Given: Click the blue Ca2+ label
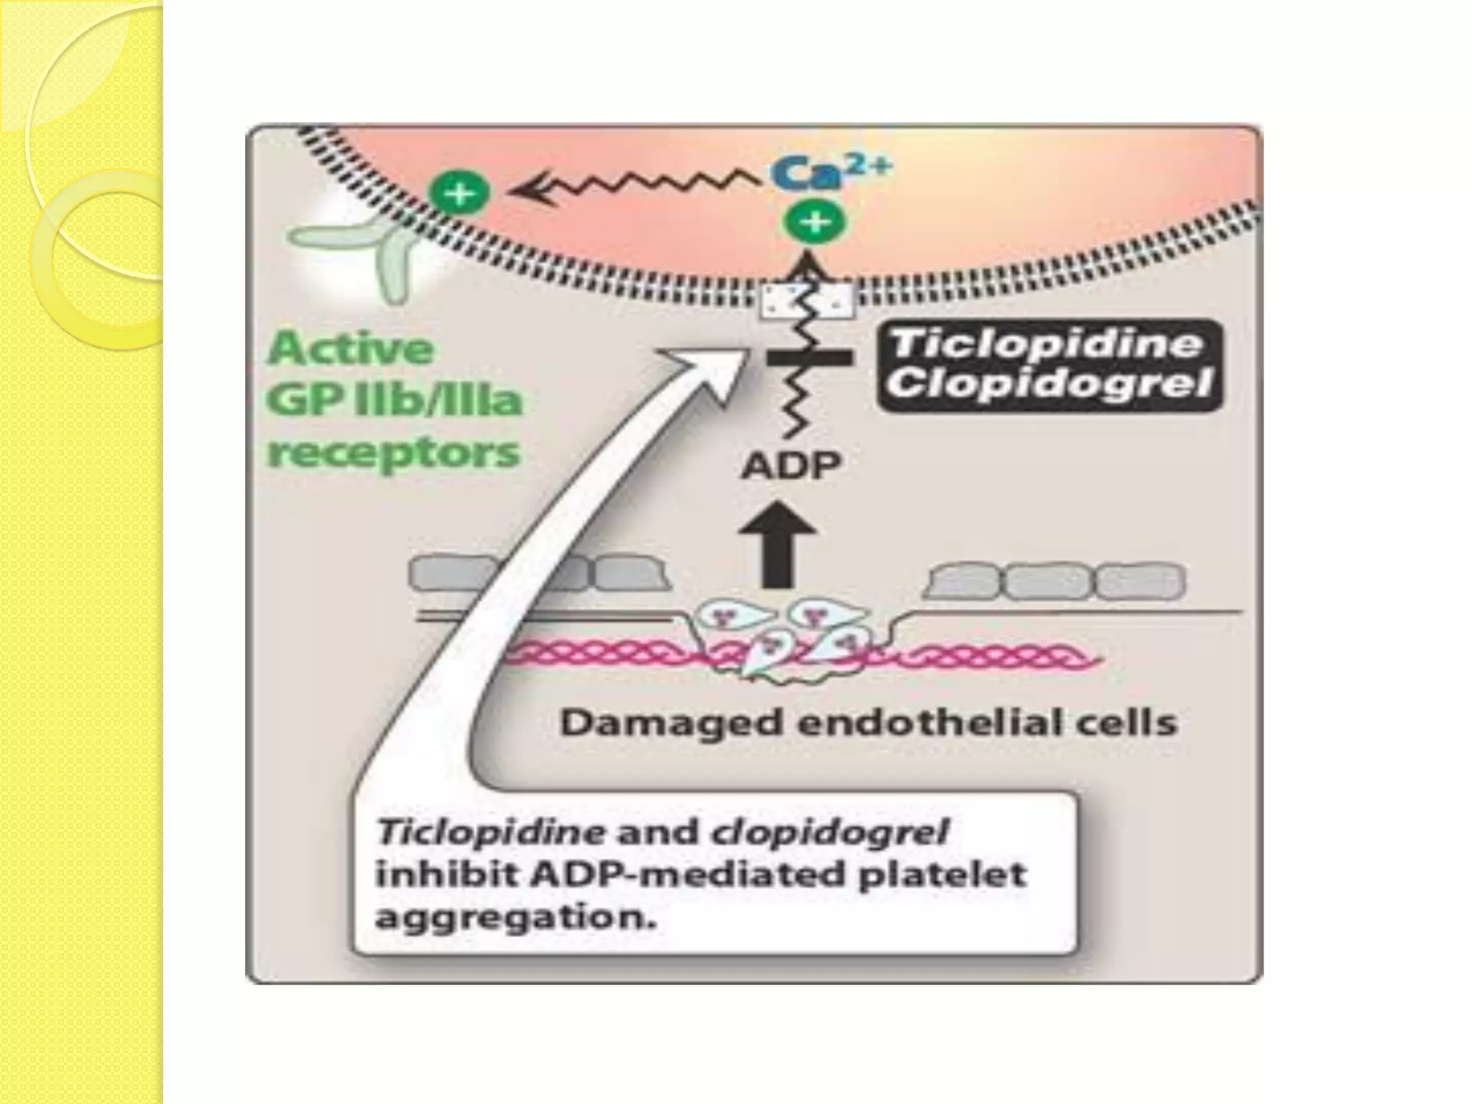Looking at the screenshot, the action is click(831, 171).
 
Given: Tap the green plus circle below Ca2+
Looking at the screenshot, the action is click(814, 222).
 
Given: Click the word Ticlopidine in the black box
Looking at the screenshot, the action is click(1046, 343).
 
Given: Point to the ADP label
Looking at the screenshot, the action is click(791, 466).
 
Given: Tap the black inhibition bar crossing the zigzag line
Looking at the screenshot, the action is click(809, 357).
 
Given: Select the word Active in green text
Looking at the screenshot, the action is click(351, 350).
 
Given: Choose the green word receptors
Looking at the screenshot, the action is click(393, 454).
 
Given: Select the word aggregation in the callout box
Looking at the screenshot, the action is click(516, 919).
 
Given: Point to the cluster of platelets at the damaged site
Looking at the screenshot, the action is click(799, 639).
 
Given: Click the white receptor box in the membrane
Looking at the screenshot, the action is click(808, 301).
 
